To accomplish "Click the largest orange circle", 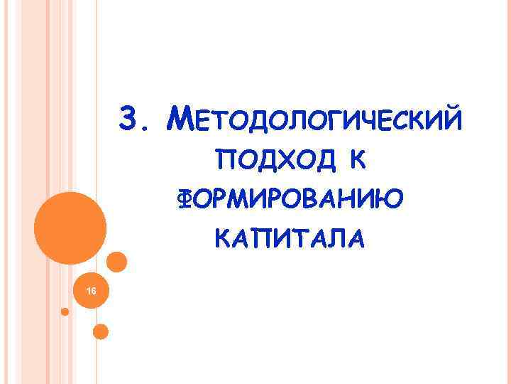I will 71,226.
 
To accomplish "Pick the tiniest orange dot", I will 65,311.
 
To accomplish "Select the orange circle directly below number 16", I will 101,331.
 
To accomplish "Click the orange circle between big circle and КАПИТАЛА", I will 116,262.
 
